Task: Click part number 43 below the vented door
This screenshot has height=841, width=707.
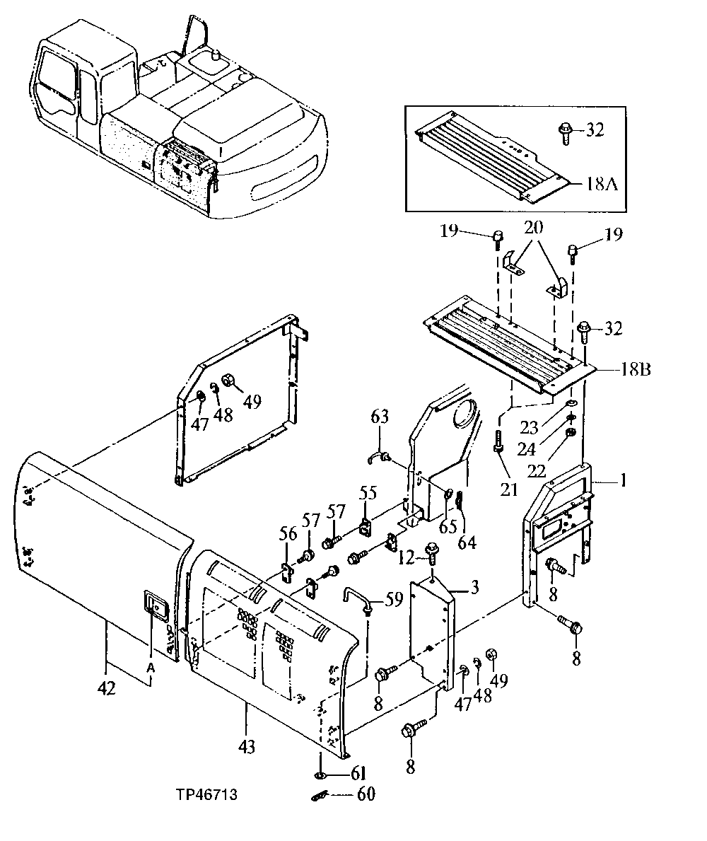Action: (247, 746)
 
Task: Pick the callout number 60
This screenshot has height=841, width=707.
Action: (366, 794)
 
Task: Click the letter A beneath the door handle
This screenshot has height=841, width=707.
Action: (150, 668)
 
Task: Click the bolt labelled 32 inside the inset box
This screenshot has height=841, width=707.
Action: (565, 132)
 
